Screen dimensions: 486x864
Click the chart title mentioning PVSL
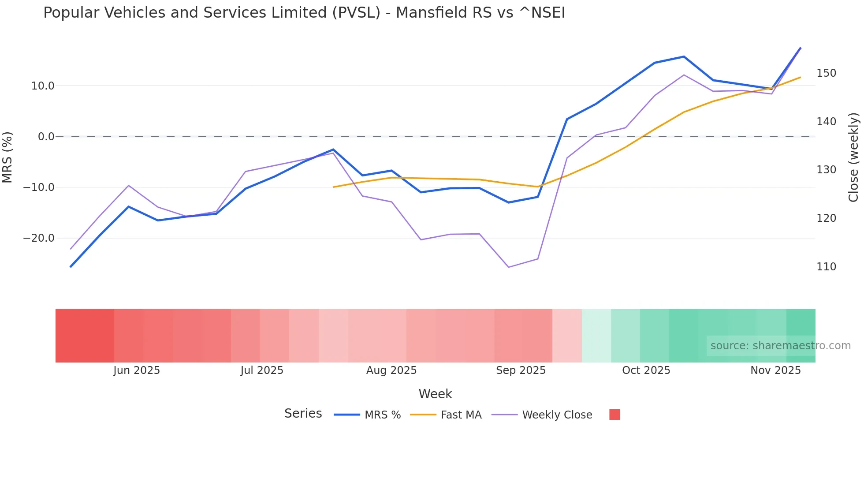point(304,13)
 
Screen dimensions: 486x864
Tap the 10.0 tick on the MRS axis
point(43,86)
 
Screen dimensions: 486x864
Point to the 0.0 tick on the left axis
point(46,137)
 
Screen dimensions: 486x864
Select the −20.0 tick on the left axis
point(39,238)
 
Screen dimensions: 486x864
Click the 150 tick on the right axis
point(826,73)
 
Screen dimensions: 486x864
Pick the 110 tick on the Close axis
point(826,267)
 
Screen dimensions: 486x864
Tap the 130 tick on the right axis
point(826,170)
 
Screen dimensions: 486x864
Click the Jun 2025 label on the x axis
point(137,370)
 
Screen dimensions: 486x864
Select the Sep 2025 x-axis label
point(521,370)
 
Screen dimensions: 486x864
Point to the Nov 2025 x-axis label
point(775,370)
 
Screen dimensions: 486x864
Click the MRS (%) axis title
point(7,157)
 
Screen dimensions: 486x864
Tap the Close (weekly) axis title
point(854,157)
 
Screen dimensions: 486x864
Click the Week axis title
point(435,394)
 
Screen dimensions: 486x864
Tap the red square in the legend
point(614,415)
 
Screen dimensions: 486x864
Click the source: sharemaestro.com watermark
point(780,346)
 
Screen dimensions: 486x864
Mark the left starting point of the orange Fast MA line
point(334,187)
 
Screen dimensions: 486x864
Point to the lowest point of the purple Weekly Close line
point(509,267)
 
